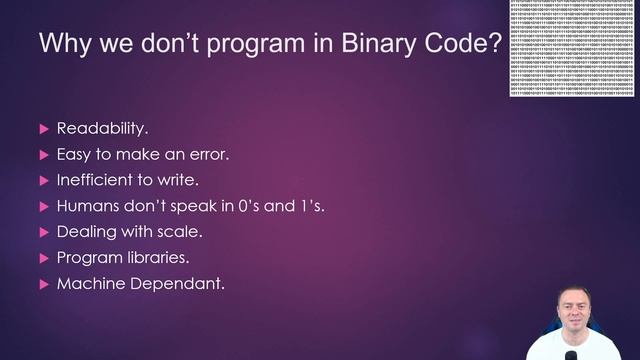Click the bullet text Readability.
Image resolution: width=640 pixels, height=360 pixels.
pos(103,128)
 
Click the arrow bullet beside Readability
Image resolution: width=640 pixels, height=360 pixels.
pos(43,128)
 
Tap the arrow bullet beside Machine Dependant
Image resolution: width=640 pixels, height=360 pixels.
pos(43,284)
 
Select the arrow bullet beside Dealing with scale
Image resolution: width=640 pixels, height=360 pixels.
pos(43,232)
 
